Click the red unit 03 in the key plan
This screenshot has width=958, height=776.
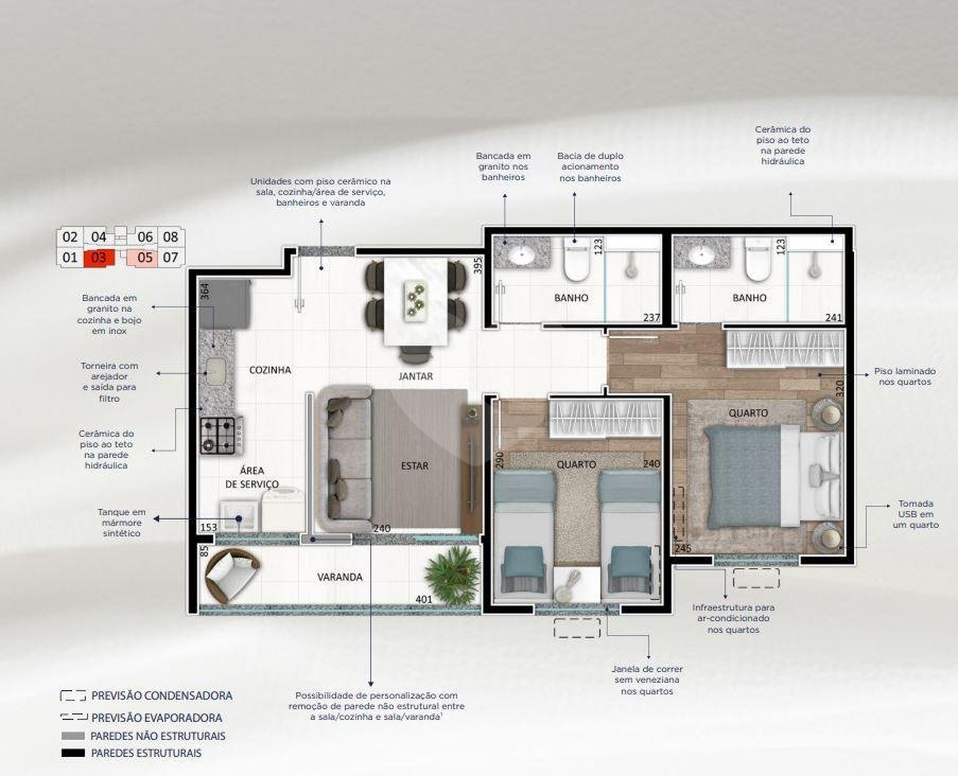pyautogui.click(x=99, y=258)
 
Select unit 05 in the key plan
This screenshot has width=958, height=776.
pyautogui.click(x=143, y=257)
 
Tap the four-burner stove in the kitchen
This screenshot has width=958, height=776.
pyautogui.click(x=219, y=435)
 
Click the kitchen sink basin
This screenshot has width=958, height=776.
pyautogui.click(x=215, y=371)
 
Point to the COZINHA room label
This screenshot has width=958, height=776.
pyautogui.click(x=270, y=370)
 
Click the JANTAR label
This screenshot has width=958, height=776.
pyautogui.click(x=416, y=376)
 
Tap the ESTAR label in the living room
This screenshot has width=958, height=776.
pyautogui.click(x=415, y=466)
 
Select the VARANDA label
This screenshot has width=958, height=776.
pyautogui.click(x=339, y=577)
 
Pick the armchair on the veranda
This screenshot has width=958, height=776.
pyautogui.click(x=231, y=576)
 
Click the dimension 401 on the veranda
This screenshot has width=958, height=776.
pyautogui.click(x=424, y=599)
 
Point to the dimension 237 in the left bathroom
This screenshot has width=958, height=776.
pyautogui.click(x=651, y=318)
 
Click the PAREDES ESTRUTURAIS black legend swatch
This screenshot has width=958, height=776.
pyautogui.click(x=73, y=753)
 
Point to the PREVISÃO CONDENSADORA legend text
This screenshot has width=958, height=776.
pyautogui.click(x=162, y=696)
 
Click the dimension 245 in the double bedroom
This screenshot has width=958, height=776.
pyautogui.click(x=683, y=549)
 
